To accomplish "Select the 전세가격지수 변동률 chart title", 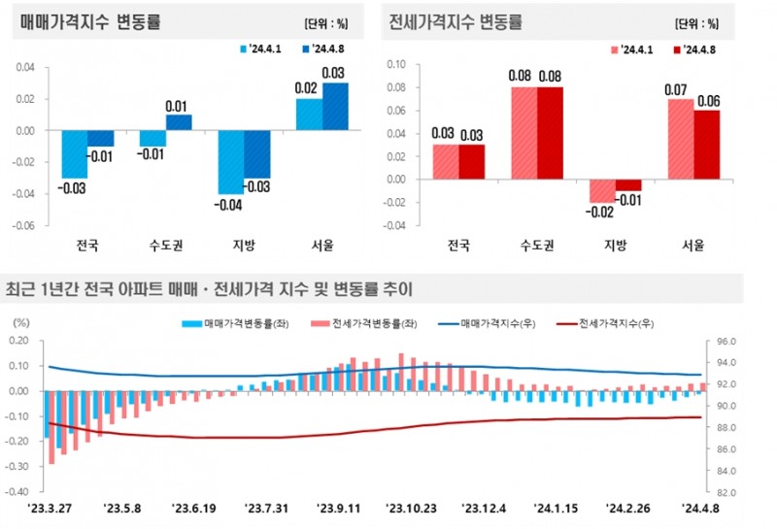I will (454, 20).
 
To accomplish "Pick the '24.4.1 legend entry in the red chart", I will (630, 49).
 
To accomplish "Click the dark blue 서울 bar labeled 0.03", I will (335, 107).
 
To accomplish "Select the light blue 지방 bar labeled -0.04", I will (230, 162).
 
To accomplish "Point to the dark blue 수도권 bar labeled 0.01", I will (179, 122).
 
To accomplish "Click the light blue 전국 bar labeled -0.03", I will (75, 154).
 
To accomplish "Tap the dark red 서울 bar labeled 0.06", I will (706, 145).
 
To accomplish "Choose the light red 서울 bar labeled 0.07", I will (681, 139).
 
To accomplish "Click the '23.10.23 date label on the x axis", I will (410, 507).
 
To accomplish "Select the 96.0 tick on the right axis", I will (726, 342).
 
